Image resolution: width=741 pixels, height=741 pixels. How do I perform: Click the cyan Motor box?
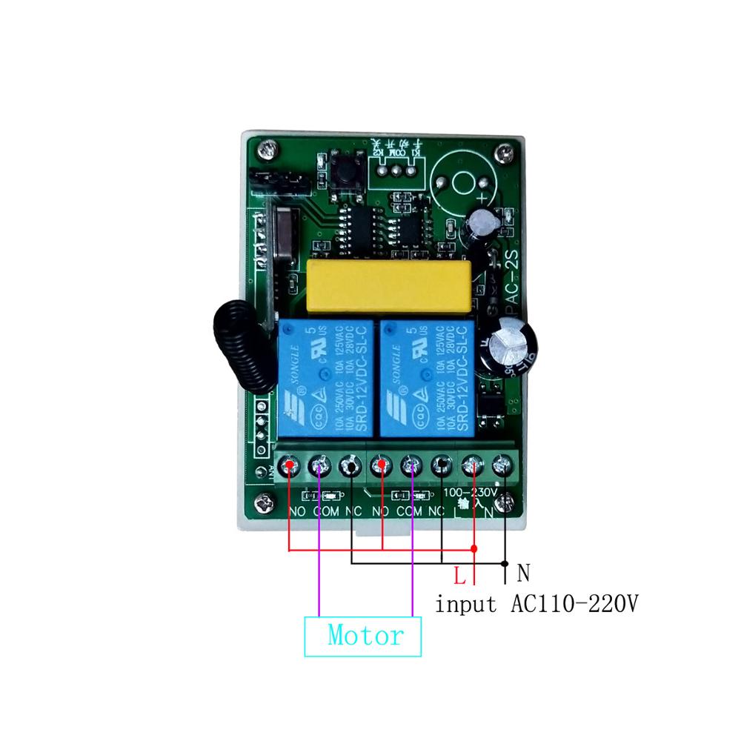[363, 636]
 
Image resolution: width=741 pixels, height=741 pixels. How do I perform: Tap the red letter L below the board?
[459, 574]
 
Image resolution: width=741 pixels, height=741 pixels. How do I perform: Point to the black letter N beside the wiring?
[524, 573]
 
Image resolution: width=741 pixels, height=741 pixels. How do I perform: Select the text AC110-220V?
[574, 604]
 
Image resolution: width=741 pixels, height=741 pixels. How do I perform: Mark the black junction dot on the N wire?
[505, 564]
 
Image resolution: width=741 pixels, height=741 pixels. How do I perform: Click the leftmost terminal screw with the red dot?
[290, 465]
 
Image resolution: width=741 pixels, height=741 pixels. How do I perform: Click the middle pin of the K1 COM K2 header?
[394, 169]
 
